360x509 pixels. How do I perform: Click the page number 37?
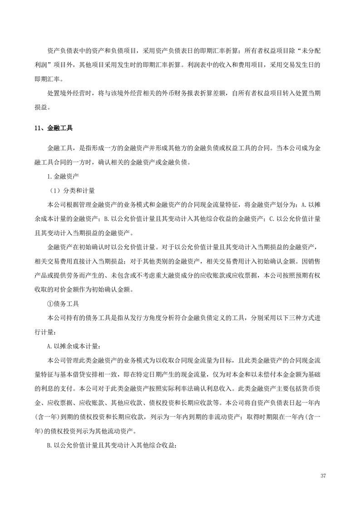tap(323, 475)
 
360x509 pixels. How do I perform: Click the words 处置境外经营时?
tap(73, 94)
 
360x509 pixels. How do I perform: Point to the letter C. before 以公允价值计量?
tap(272, 219)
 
